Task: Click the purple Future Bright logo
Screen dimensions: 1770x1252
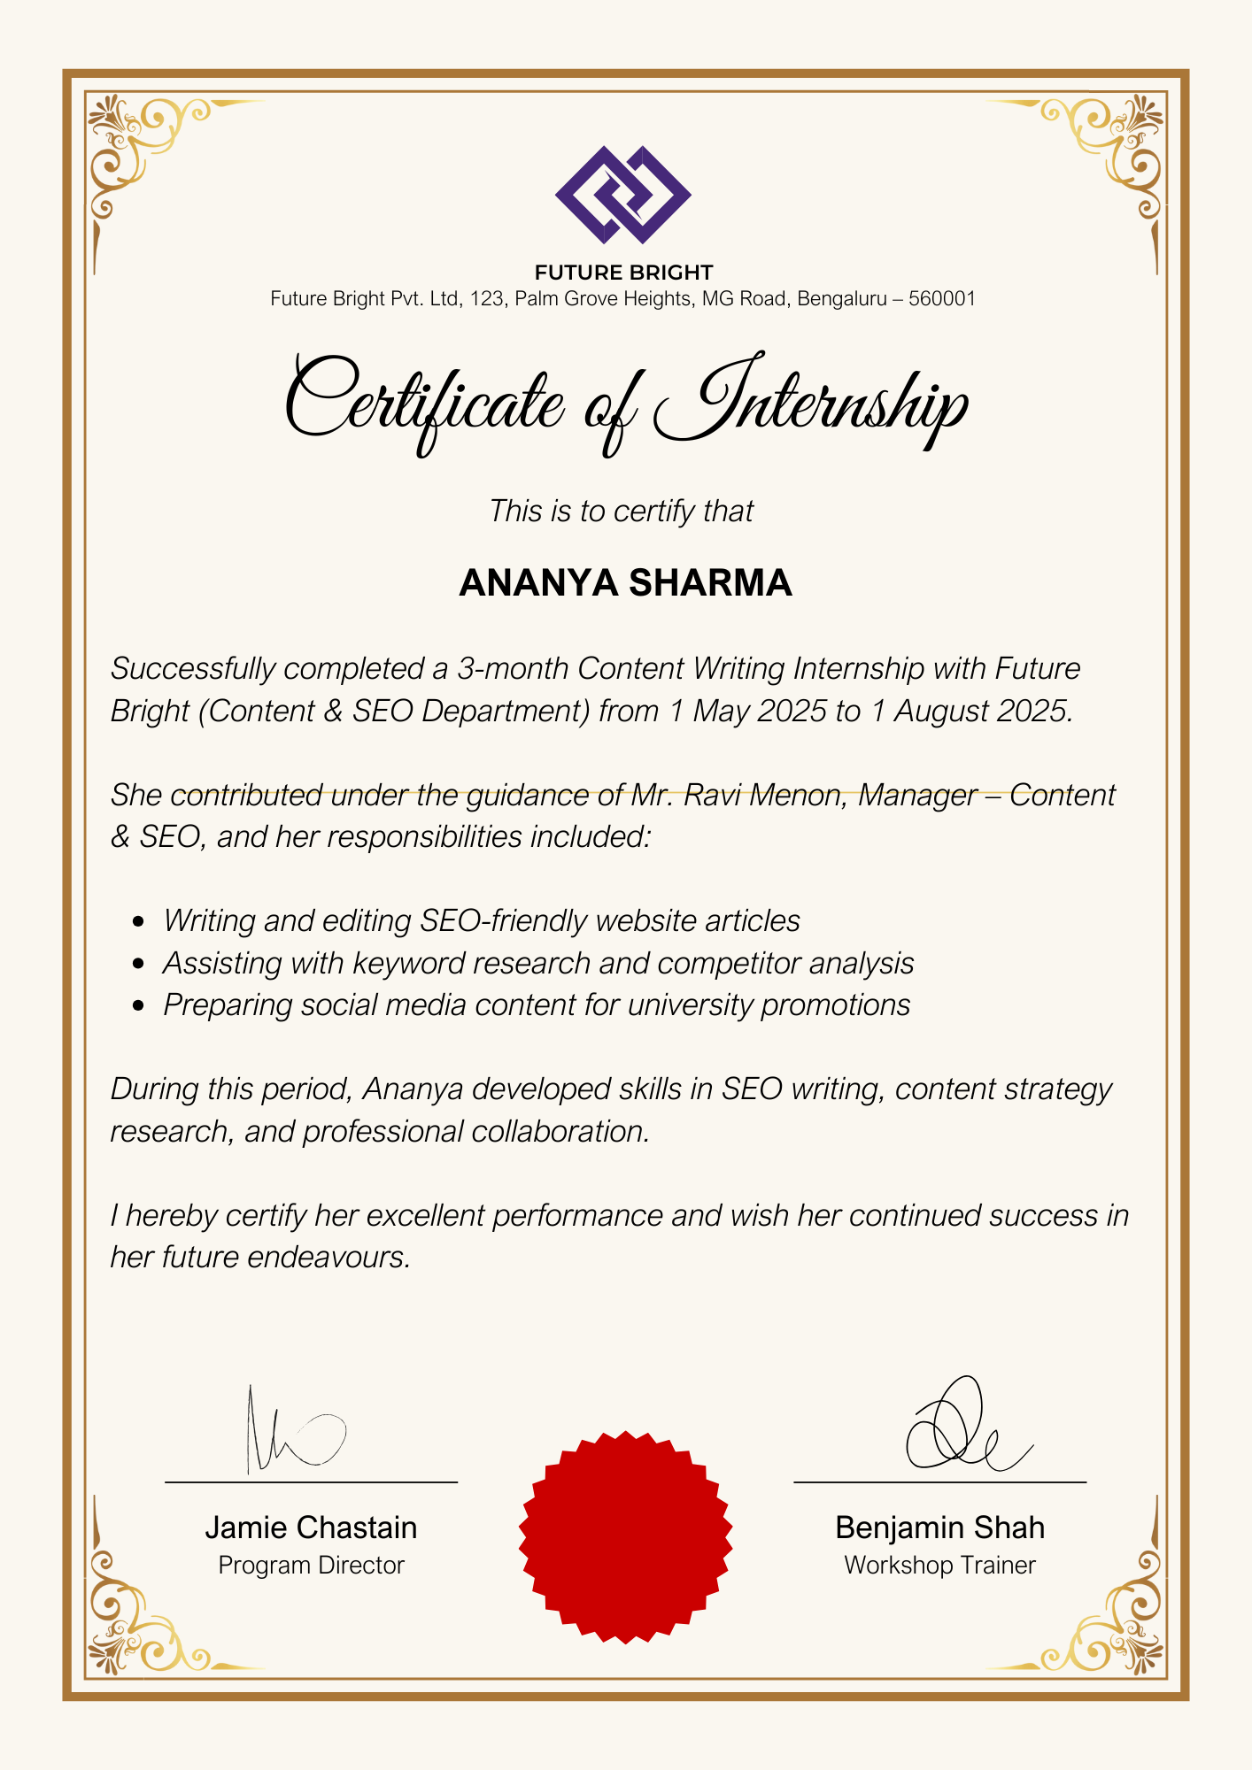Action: click(x=623, y=195)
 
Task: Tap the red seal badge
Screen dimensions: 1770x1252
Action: click(x=625, y=1537)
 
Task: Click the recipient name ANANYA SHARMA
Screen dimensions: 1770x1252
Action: click(x=625, y=582)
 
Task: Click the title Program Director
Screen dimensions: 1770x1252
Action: click(x=311, y=1566)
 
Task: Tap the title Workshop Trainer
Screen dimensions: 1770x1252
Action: click(x=939, y=1566)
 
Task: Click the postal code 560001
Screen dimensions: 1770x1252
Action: click(x=942, y=299)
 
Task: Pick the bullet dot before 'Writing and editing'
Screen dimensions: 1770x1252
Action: click(x=137, y=921)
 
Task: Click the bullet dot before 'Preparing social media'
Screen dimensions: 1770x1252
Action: click(x=137, y=1006)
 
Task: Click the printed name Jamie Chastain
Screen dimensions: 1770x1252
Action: click(x=311, y=1528)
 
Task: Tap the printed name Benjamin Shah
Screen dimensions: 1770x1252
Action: click(x=939, y=1528)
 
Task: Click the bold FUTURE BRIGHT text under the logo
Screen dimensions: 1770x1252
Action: click(x=623, y=273)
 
